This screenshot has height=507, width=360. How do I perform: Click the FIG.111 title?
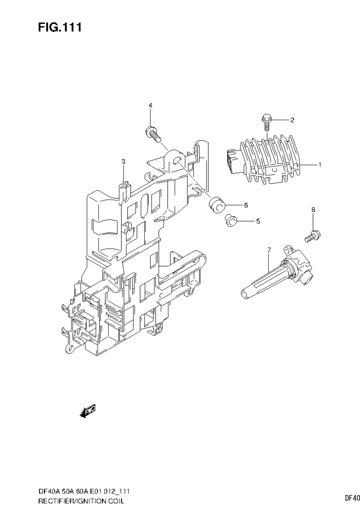pos(60,27)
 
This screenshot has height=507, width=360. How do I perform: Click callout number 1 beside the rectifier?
pos(319,165)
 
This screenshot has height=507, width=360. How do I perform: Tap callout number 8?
pos(313,209)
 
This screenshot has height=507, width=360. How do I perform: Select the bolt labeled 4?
pos(153,134)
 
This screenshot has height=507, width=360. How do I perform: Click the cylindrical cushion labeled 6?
pos(217,205)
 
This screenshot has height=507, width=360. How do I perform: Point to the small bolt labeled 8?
pos(312,236)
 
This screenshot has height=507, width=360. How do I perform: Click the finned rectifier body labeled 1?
pos(273,160)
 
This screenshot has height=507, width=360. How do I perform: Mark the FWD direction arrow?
pos(88,411)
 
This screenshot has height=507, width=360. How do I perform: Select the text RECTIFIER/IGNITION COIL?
pos(81,501)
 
